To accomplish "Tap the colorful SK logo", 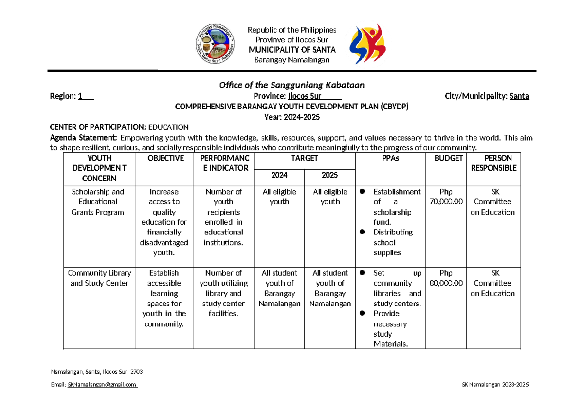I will [368, 44].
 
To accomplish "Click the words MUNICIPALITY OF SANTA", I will [292, 50].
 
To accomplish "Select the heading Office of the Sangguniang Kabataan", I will [292, 85].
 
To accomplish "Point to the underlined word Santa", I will [519, 96].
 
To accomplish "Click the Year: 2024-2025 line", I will [292, 117].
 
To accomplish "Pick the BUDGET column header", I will [445, 158].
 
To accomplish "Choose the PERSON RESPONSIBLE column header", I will [493, 163].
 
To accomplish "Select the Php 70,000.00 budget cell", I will [445, 197].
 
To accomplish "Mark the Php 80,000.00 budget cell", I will [445, 278].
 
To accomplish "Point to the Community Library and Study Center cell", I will [99, 278].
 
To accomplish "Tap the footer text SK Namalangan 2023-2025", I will [494, 385].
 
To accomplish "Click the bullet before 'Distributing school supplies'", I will [362, 232].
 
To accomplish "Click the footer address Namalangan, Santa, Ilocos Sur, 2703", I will [96, 372].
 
